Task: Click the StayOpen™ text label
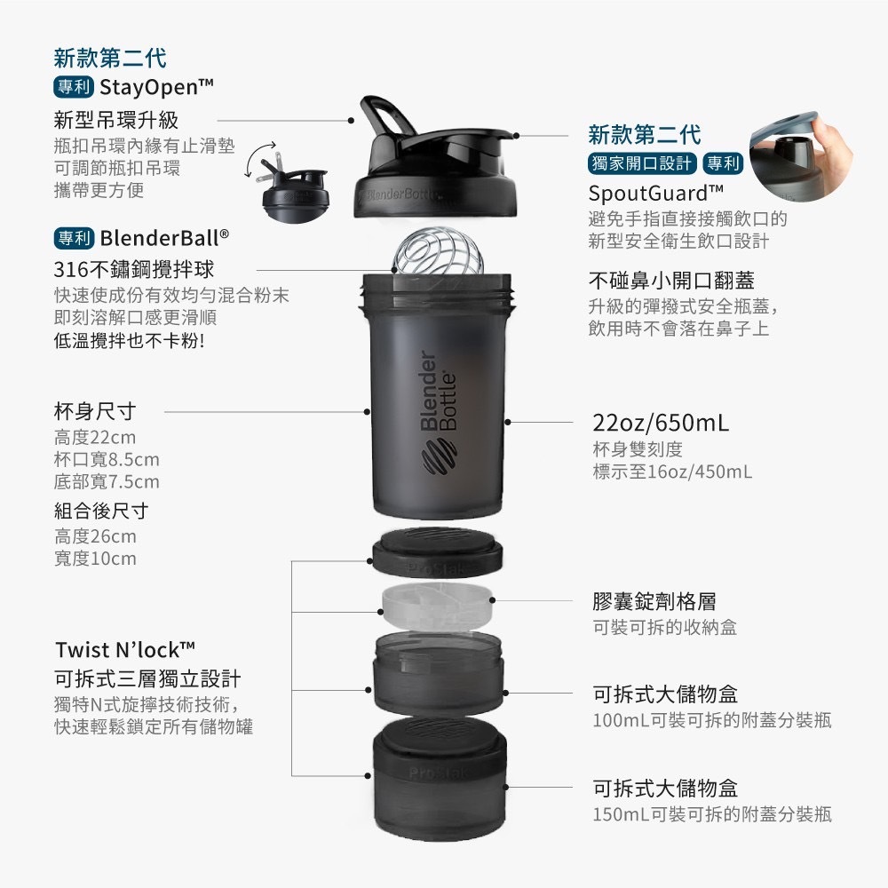coord(156,87)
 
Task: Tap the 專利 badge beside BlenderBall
coord(75,238)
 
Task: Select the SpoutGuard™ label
coord(656,194)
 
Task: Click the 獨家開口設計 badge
coord(642,163)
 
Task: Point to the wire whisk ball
coord(438,252)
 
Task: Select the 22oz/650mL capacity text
coord(661,423)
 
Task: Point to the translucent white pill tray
coord(437,607)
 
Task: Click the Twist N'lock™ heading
coord(125,650)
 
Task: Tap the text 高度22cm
coord(95,437)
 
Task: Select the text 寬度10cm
coord(95,559)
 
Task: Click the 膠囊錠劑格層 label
coord(654,601)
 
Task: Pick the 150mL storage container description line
coord(712,814)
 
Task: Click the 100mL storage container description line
coord(712,720)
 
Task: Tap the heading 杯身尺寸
coord(95,411)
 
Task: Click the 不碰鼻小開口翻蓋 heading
coord(671,281)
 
